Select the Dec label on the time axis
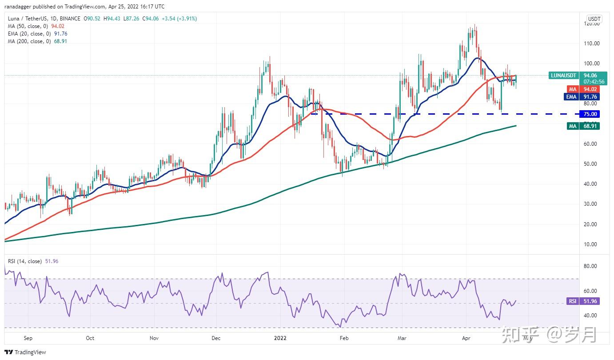tap(216, 338)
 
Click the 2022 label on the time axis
tap(280, 338)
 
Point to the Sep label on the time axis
tap(28, 338)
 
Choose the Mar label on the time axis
tap(402, 338)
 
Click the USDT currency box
tap(594, 19)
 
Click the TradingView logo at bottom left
tap(26, 352)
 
